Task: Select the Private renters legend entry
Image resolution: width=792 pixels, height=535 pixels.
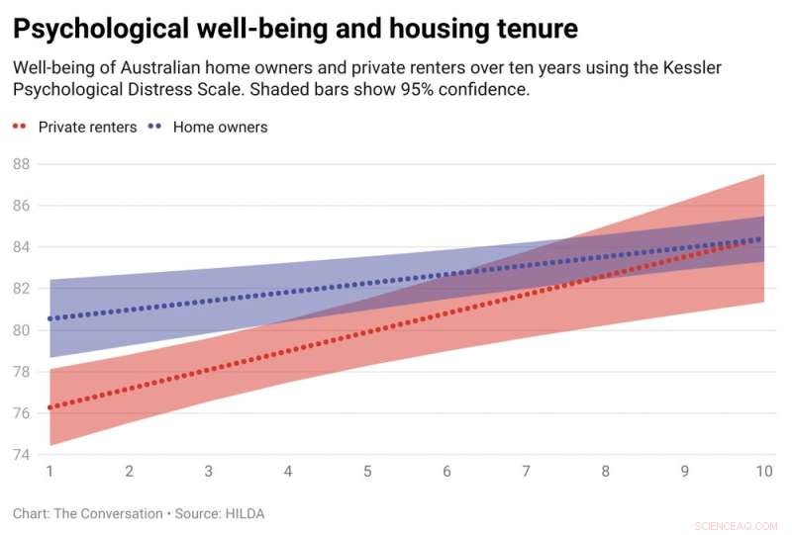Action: click(87, 127)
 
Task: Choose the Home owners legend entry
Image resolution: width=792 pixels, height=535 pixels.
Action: click(220, 127)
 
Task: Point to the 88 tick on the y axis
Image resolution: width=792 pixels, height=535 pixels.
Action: click(22, 164)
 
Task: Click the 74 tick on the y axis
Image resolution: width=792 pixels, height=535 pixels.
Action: click(22, 455)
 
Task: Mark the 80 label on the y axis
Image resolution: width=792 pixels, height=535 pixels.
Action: click(22, 330)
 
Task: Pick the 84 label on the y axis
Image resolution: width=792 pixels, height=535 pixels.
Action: click(22, 247)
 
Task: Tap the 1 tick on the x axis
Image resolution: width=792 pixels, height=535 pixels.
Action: click(49, 472)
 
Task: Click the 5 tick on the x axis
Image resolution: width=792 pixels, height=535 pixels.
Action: click(367, 472)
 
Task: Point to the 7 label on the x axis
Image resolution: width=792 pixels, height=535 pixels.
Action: click(526, 472)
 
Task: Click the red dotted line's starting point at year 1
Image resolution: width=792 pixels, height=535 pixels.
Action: click(50, 407)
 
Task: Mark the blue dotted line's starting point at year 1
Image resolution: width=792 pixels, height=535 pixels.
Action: click(50, 318)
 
